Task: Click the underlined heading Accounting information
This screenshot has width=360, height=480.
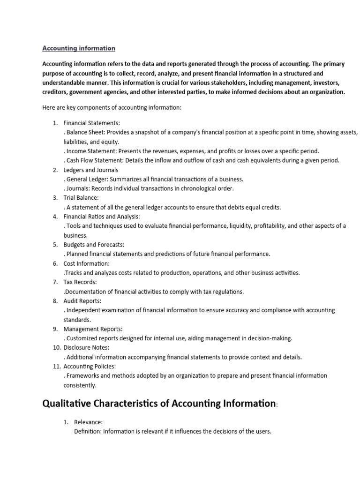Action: pyautogui.click(x=79, y=48)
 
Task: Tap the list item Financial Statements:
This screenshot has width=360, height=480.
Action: pyautogui.click(x=92, y=123)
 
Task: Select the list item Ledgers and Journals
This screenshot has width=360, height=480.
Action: pyautogui.click(x=91, y=170)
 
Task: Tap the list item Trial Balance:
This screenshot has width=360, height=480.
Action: pyautogui.click(x=81, y=198)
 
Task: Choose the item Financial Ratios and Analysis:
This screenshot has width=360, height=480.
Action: pyautogui.click(x=102, y=217)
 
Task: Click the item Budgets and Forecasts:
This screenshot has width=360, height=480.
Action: pyautogui.click(x=94, y=245)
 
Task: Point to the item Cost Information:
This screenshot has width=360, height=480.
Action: pyautogui.click(x=86, y=263)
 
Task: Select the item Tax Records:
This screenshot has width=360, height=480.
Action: pyautogui.click(x=80, y=282)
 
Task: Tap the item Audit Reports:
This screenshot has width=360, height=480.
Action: pyautogui.click(x=82, y=301)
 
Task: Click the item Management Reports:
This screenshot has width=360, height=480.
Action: pyautogui.click(x=93, y=329)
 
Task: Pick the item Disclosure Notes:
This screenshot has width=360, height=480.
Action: pyautogui.click(x=86, y=348)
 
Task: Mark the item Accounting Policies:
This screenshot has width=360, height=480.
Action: pyautogui.click(x=90, y=367)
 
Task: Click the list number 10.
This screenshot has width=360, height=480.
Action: pyautogui.click(x=55, y=348)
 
